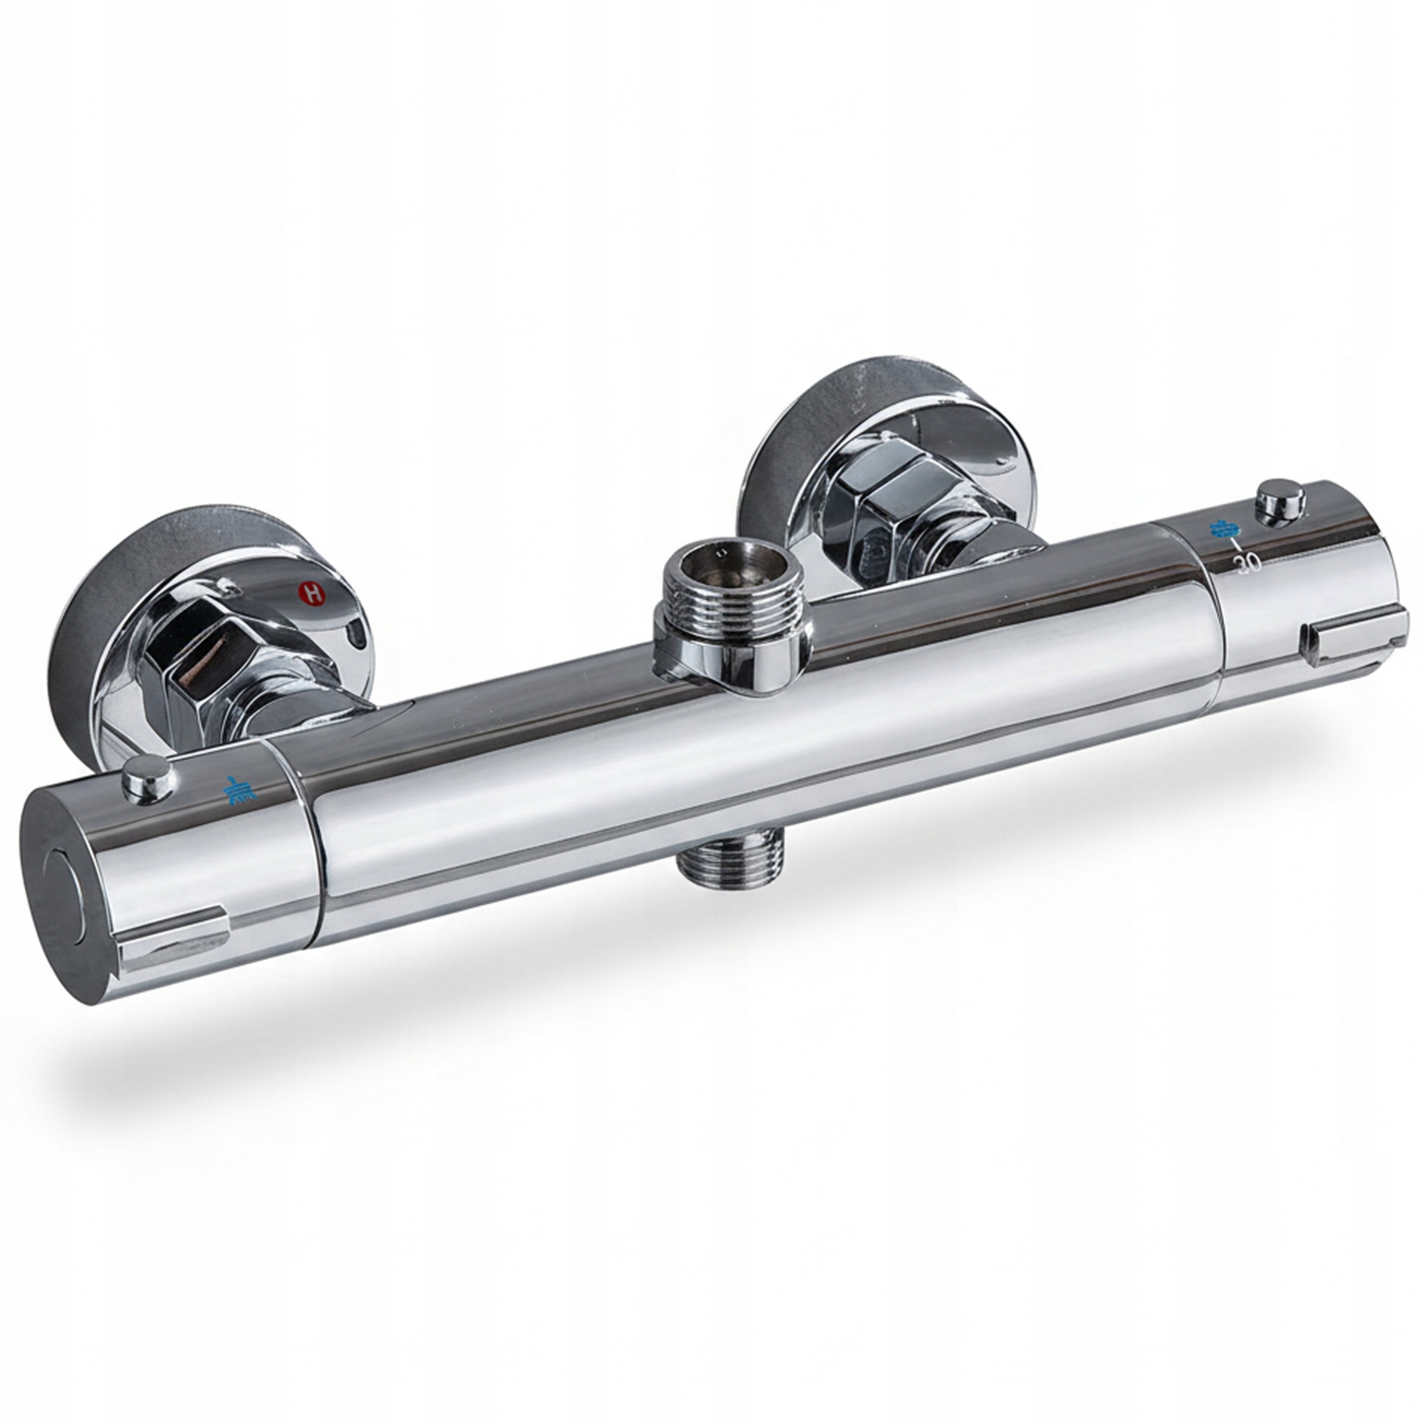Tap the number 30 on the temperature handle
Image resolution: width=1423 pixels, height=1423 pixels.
(x=1247, y=564)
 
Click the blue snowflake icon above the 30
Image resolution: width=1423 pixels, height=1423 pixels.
(x=1221, y=529)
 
